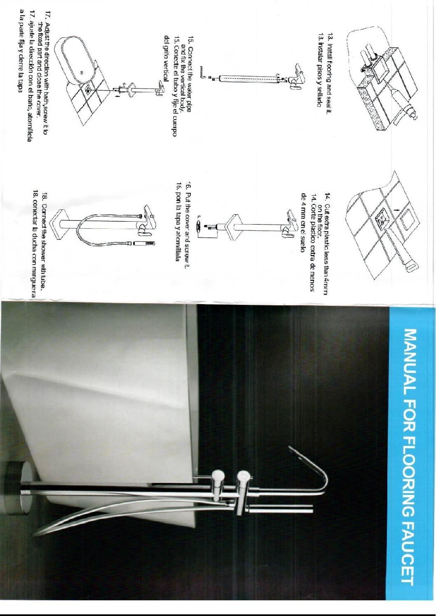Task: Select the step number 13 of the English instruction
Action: [x=330, y=37]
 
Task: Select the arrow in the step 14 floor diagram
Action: [x=395, y=211]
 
